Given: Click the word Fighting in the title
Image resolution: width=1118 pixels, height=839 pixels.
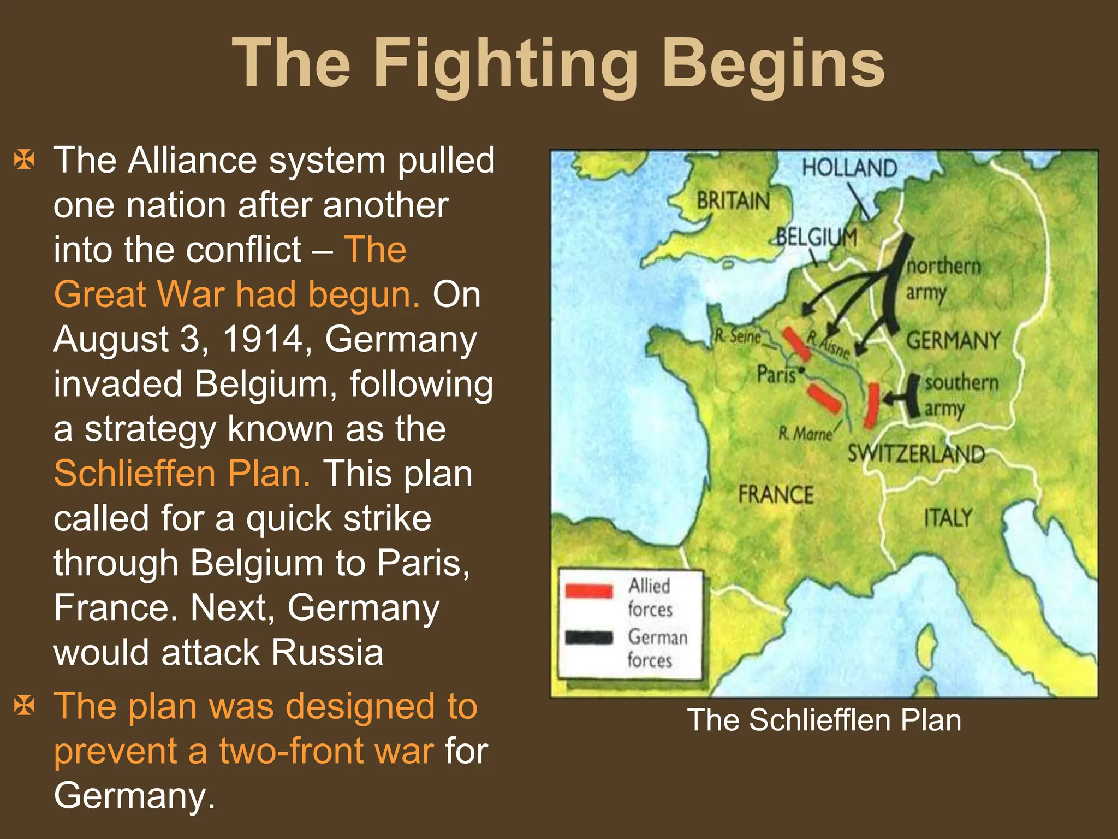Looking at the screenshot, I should pyautogui.click(x=505, y=64).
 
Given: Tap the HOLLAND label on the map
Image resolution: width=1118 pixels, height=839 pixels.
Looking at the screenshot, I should pyautogui.click(x=849, y=167).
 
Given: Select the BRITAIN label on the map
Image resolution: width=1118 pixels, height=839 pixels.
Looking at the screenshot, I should pyautogui.click(x=733, y=200).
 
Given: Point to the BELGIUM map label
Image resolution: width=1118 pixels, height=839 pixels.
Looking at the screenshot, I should pyautogui.click(x=816, y=237).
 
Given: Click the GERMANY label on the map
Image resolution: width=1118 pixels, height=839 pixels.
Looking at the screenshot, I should pyautogui.click(x=953, y=341).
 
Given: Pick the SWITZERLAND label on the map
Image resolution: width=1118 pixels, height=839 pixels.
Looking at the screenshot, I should pyautogui.click(x=916, y=453).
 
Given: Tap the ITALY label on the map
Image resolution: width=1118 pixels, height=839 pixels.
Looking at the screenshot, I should pyautogui.click(x=948, y=517).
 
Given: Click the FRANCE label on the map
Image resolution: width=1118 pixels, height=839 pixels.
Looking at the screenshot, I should pyautogui.click(x=776, y=494).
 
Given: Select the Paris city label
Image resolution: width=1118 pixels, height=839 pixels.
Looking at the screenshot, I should pyautogui.click(x=776, y=375).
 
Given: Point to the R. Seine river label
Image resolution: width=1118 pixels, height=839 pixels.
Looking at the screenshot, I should pyautogui.click(x=738, y=336).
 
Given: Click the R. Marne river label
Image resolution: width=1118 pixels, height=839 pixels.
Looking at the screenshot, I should pyautogui.click(x=805, y=434).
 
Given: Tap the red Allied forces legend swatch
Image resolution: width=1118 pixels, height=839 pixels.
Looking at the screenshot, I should pyautogui.click(x=589, y=591).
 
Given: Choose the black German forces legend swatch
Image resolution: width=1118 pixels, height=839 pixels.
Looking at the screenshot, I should pyautogui.click(x=589, y=637).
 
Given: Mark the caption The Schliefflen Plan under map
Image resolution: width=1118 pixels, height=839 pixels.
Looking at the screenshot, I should pyautogui.click(x=824, y=720).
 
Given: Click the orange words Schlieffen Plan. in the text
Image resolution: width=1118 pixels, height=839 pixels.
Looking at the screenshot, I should pyautogui.click(x=182, y=473).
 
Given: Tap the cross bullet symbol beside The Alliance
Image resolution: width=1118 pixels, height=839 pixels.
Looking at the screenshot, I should pyautogui.click(x=25, y=160).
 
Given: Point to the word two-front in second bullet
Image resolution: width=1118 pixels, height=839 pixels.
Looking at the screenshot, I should pyautogui.click(x=326, y=751).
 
